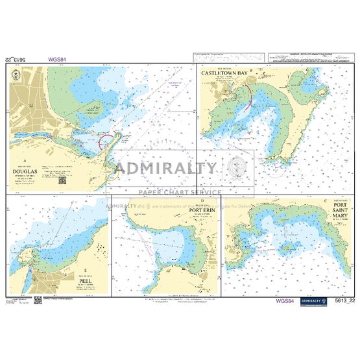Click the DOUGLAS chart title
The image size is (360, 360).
pyautogui.click(x=26, y=173)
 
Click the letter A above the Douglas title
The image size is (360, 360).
pyautogui.click(x=24, y=160)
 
